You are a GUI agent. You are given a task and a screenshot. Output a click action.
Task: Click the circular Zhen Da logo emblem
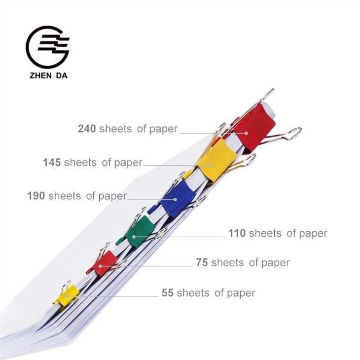click(47, 47)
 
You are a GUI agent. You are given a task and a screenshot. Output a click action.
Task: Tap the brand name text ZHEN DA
click(48, 75)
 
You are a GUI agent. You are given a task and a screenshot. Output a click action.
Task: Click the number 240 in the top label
click(87, 129)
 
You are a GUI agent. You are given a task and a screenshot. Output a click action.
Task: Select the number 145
click(52, 162)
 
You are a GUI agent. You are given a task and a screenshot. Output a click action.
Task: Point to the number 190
click(36, 196)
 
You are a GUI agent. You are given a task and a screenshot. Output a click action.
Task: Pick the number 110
click(237, 233)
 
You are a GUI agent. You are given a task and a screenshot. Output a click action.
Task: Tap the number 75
click(202, 262)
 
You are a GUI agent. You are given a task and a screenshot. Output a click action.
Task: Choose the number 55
click(168, 293)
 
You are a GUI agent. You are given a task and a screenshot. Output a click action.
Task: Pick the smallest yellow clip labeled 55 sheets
click(67, 294)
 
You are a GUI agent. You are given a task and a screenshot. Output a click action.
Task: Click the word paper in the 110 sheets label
click(313, 234)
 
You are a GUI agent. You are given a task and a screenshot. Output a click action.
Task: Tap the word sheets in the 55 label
click(193, 293)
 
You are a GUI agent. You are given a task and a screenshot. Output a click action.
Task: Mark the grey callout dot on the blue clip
click(175, 200)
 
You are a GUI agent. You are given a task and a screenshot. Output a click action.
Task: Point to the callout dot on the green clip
click(134, 237)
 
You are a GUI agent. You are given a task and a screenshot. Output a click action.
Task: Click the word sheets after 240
click(115, 129)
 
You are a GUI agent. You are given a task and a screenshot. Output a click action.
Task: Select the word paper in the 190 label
click(112, 197)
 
